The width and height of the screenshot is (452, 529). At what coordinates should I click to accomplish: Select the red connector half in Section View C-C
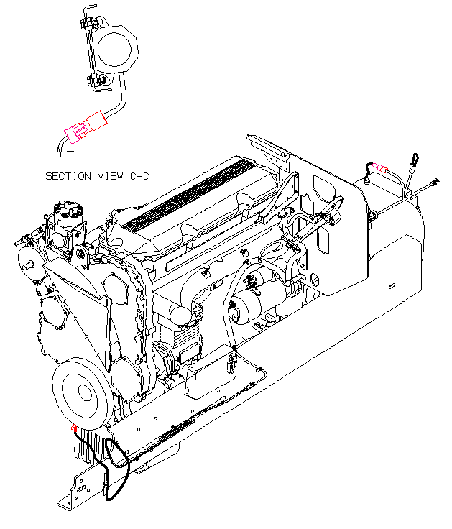97,121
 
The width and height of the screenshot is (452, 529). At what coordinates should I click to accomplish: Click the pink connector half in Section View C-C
76,132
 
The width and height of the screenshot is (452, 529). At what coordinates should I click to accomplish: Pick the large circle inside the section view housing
114,50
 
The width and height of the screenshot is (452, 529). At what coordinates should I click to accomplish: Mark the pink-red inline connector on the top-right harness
380,167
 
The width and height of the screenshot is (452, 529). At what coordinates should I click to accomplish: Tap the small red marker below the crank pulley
74,428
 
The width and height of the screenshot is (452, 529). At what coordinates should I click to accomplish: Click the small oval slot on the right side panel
392,287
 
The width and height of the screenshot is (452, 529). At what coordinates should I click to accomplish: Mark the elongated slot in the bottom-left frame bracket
81,490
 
